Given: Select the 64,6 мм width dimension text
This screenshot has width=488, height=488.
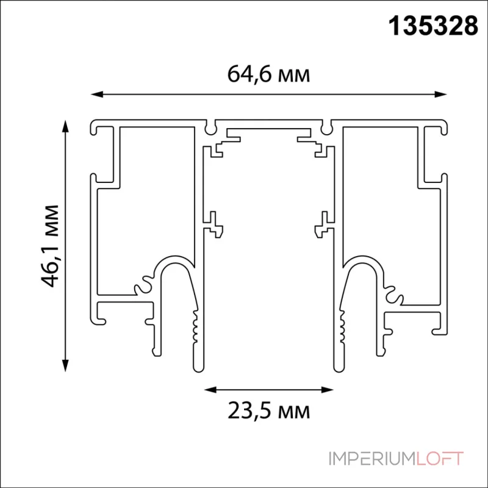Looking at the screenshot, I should point(268,74).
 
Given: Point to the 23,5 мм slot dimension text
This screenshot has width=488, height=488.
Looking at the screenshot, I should point(269,411).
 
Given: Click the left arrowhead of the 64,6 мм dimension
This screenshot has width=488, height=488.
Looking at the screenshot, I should point(95,95).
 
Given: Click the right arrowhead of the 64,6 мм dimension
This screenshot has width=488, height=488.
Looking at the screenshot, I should point(443,95).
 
